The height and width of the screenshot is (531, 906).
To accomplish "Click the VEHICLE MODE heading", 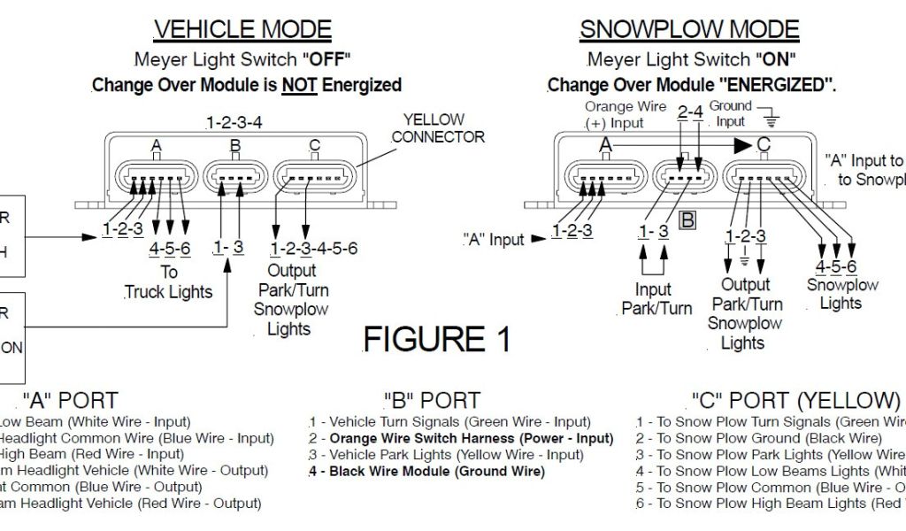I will point(243,29).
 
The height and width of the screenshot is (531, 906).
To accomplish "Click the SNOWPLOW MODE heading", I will point(689,29).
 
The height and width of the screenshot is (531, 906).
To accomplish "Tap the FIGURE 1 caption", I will point(436,339).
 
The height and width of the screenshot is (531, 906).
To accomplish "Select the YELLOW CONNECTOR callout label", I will point(438,128).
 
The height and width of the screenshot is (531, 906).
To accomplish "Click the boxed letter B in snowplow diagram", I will point(687,220).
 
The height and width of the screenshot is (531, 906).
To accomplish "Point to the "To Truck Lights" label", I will point(169,282).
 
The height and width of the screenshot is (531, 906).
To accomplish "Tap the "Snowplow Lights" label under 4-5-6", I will point(841,294).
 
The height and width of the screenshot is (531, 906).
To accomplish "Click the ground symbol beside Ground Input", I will point(772,119).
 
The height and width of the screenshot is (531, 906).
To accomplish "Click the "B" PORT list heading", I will point(432,401).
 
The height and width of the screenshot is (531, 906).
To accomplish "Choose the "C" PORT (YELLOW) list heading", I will point(795,401).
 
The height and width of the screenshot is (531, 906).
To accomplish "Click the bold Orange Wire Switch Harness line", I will point(461,438).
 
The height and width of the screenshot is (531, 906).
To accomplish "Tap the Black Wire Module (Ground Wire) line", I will point(427,471).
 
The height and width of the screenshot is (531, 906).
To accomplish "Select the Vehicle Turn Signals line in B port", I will point(450,422).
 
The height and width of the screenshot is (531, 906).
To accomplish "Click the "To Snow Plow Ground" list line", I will point(759,438).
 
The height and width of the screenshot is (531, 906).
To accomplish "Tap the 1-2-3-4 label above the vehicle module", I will point(234,122).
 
